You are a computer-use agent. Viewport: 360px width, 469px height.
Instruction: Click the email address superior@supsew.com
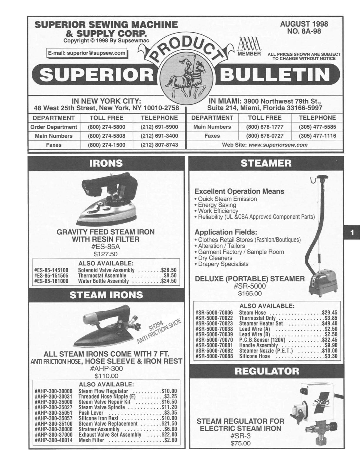pos(87,53)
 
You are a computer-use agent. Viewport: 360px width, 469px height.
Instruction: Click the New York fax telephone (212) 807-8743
pos(160,145)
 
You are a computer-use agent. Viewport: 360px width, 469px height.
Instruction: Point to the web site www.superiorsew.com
pos(278,145)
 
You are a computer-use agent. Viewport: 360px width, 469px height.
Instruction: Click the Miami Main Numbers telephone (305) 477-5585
pos(317,127)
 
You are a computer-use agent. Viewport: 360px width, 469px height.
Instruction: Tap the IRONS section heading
pos(106,164)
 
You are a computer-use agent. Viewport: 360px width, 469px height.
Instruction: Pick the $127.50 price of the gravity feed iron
pos(106,254)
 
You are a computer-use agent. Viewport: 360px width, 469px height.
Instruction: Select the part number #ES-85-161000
pos(51,281)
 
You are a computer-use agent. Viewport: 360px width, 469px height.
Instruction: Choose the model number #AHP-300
pos(106,368)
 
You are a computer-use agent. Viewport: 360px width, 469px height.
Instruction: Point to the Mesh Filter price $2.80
pos(171,440)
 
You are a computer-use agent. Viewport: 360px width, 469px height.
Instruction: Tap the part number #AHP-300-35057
pos(54,418)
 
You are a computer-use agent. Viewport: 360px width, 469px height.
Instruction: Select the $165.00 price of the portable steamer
pos(250,293)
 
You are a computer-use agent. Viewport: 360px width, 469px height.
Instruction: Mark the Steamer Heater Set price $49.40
pos(329,324)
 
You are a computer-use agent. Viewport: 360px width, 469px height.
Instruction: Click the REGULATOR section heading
pos(266,371)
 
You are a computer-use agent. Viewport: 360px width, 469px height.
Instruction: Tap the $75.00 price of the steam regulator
pos(241,443)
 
